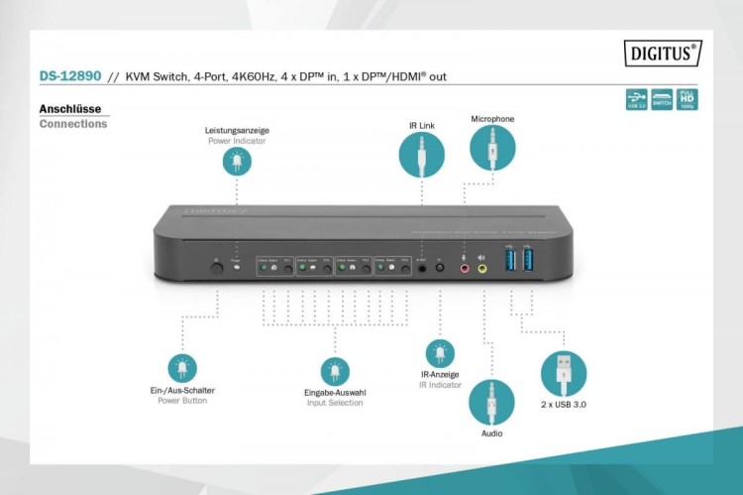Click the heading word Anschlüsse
(70, 109)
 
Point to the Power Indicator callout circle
(236, 162)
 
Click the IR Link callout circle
(423, 156)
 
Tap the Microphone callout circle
(492, 149)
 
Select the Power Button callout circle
(182, 368)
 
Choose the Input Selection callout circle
(334, 372)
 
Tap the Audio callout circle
(491, 402)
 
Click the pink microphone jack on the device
(462, 266)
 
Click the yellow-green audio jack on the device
(482, 266)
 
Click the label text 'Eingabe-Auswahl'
(335, 394)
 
